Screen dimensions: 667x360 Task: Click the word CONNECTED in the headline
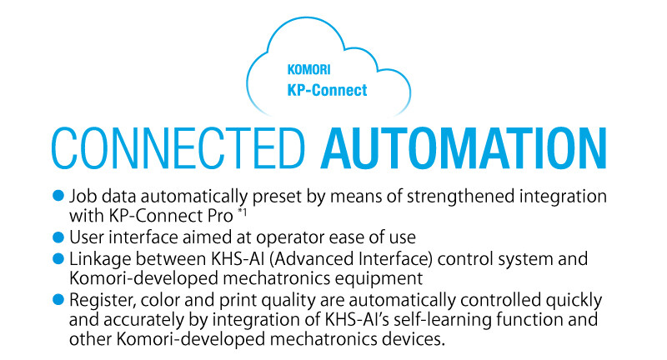178,148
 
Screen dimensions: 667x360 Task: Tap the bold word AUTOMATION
464,148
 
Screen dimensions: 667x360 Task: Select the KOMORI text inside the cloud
308,70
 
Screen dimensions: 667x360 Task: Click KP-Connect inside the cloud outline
327,90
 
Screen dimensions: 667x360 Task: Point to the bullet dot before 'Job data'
58,196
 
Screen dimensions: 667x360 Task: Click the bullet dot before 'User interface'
58,237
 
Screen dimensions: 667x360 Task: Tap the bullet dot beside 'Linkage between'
58,258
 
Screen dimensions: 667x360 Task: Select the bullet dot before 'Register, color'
58,300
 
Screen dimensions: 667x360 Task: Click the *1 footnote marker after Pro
242,211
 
